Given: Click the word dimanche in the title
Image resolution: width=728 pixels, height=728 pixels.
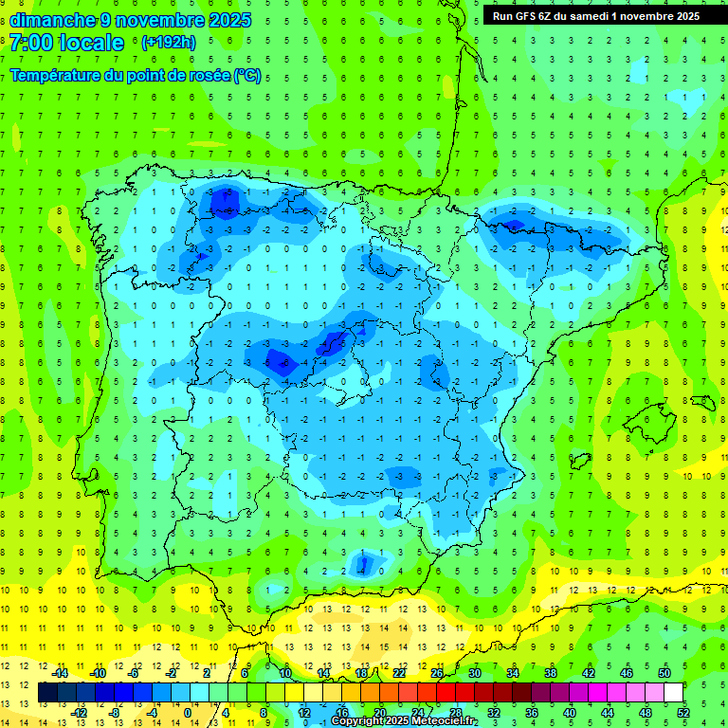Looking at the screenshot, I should coord(51,20).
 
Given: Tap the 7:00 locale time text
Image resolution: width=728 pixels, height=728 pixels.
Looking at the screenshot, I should coord(66,43).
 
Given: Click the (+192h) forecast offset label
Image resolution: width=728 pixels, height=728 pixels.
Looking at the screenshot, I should coord(169,43).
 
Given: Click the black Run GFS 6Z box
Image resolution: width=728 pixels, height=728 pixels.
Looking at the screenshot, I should coord(596,15).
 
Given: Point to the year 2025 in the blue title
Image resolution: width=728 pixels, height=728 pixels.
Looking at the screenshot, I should coord(228,20).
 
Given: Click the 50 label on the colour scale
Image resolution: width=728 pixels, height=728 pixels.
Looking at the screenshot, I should coord(664,673).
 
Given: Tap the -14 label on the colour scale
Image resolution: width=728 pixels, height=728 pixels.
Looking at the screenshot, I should coord(59,673).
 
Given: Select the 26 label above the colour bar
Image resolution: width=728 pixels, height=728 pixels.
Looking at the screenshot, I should coord(437,673).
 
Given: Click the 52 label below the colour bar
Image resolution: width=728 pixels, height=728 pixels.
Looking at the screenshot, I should coord(682,713).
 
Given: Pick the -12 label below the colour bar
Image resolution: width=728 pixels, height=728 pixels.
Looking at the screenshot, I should coord(79,713).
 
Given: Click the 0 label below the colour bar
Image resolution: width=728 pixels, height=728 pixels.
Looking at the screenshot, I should coord(188,713).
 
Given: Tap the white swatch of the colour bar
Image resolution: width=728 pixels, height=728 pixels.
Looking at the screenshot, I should coord(673,693).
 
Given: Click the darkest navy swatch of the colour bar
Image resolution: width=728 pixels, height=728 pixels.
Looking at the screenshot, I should coord(47,693).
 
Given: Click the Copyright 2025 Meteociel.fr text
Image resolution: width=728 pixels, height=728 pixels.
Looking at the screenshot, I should coord(403,721).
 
